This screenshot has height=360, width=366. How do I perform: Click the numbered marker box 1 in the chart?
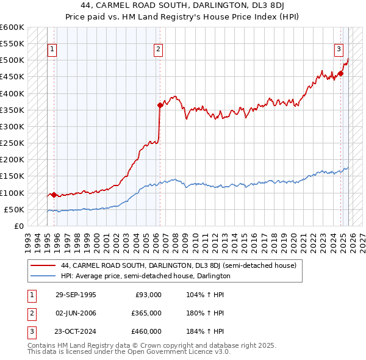tap(52, 50)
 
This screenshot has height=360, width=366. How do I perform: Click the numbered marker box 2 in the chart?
tap(158, 50)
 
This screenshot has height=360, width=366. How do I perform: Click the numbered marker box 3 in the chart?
tap(339, 50)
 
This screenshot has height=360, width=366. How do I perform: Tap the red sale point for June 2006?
tap(160, 105)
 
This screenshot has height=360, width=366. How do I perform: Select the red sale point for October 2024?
tap(341, 74)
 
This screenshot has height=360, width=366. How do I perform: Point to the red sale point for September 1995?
tap(54, 195)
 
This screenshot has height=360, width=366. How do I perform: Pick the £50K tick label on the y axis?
tap(14, 209)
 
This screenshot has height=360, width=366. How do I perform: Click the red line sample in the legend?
tap(43, 265)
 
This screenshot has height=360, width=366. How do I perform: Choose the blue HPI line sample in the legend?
tap(43, 276)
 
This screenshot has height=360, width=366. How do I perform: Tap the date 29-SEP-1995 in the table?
tap(76, 295)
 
